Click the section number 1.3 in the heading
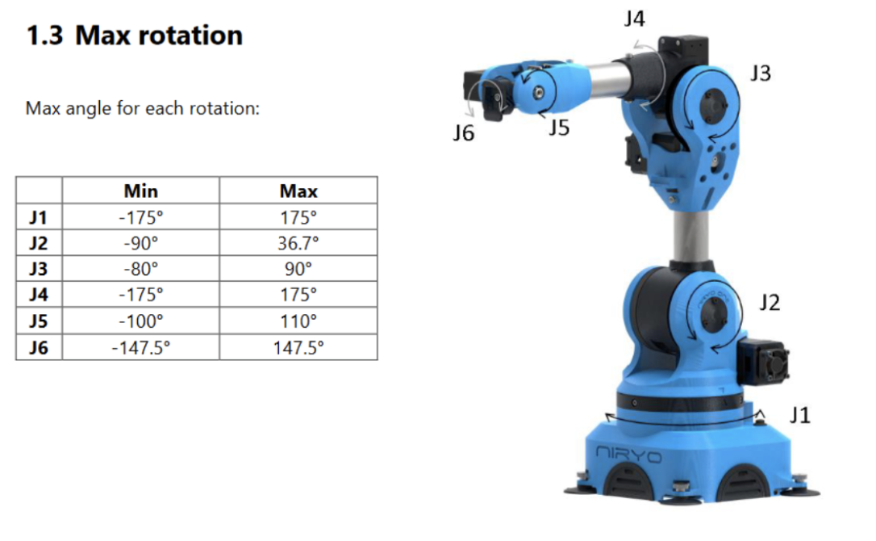pos(44,36)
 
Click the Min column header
pos(141,191)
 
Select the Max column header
pos(298,191)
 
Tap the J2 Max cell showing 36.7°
pos(298,243)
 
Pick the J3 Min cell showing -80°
pos(141,269)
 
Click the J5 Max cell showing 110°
pos(298,321)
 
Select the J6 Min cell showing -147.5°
pos(141,348)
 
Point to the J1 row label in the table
pos(39,217)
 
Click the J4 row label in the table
pos(39,295)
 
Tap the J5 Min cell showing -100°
pos(141,321)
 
